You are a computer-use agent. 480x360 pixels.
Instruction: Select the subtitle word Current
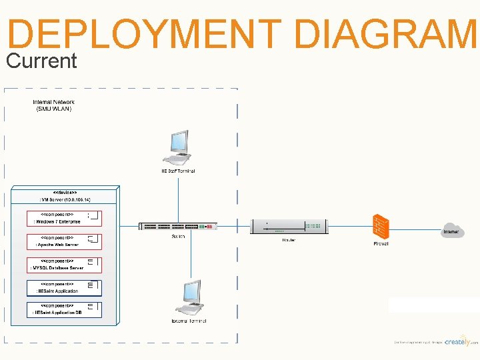coord(41,61)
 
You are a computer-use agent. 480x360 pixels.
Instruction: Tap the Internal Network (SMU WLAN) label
coord(54,105)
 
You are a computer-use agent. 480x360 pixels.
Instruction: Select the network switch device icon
coord(178,227)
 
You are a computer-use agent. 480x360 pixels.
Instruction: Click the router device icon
coord(289,227)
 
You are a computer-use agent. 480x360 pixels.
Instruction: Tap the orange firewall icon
coord(381,227)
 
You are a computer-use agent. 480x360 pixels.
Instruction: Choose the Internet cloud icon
coord(452,231)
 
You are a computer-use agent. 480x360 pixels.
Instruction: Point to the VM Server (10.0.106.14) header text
coord(65,199)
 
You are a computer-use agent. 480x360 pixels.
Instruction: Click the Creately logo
coord(461,341)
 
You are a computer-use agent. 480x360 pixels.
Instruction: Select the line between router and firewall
coord(350,227)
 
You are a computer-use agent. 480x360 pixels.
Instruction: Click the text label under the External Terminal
coord(189,321)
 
